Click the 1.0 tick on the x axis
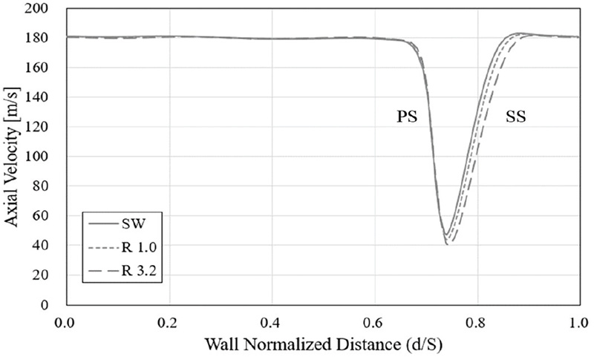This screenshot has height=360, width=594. pyautogui.click(x=579, y=323)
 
